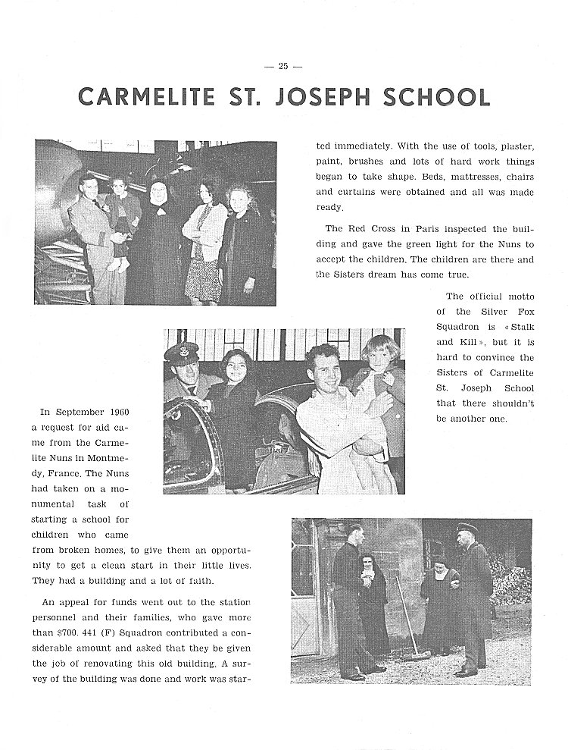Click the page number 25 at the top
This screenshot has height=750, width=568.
(x=283, y=66)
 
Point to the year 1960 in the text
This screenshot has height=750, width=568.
(x=116, y=412)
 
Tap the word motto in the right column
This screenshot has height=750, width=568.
(x=518, y=297)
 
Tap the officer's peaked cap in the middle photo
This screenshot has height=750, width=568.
(x=185, y=353)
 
